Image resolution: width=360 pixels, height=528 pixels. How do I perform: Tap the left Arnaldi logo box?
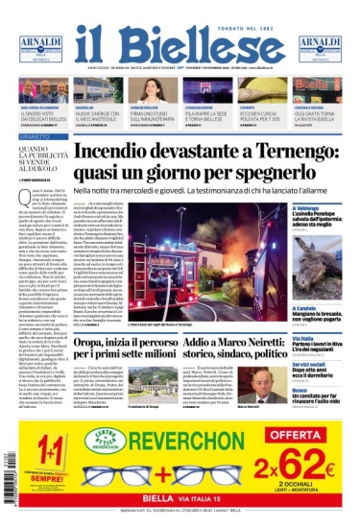coord(41,47)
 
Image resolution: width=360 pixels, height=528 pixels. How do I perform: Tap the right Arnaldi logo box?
coord(320,47)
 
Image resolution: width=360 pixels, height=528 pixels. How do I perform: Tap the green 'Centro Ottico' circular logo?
coord(106,441)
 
